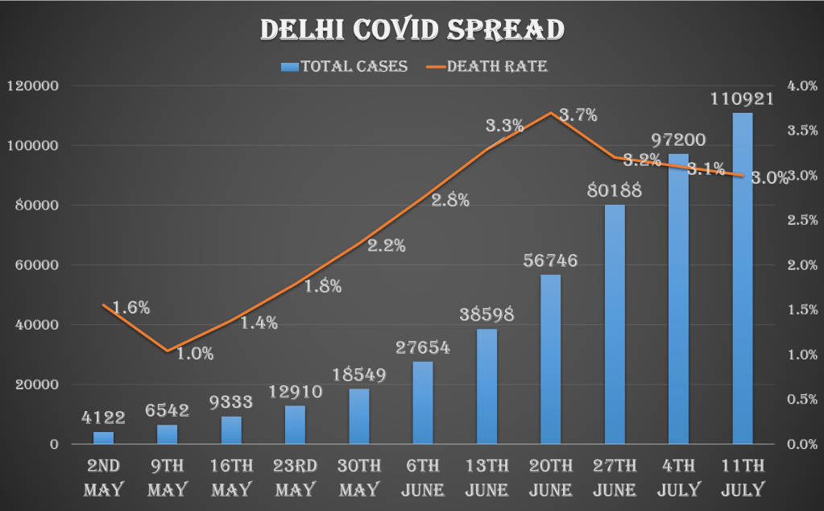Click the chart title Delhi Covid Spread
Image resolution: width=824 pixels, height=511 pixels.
pos(412,30)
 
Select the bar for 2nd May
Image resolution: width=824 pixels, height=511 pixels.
pos(103,438)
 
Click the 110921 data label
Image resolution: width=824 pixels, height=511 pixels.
pos(743,100)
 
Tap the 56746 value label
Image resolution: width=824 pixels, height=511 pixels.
pos(550,261)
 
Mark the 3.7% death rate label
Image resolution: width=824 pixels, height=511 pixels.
pos(578,115)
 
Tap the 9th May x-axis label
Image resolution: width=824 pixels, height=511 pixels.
pos(168,477)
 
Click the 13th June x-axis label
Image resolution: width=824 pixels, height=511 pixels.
pos(487,477)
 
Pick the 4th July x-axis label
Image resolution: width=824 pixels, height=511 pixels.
pos(679,477)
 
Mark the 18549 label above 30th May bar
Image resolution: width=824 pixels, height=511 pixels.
pos(359,375)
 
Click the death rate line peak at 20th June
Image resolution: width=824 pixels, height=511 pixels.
pos(550,113)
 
